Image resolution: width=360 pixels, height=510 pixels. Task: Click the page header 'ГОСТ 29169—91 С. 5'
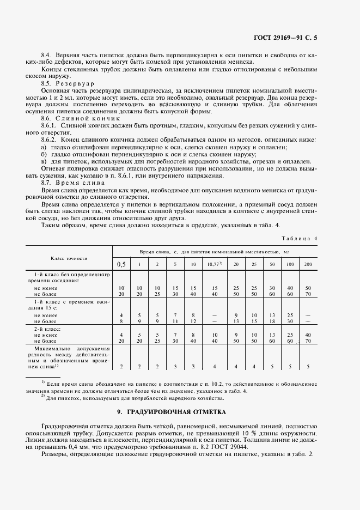pos(285,38)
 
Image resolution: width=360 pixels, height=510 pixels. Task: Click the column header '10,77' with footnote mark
pos(215,264)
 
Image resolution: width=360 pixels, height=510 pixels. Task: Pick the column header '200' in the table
pos(308,264)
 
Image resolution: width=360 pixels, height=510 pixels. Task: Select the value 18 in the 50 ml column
pos(271,321)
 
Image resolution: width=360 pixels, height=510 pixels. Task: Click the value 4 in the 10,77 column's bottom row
pos(215,366)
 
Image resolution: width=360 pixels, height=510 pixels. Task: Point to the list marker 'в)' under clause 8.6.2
pos(44,161)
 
